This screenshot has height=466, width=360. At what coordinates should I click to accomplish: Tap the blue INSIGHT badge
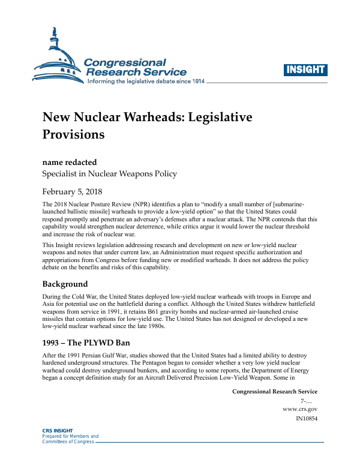click(305, 70)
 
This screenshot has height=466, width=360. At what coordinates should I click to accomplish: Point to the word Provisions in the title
click(73, 134)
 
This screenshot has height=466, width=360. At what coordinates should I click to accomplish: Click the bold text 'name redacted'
click(69, 162)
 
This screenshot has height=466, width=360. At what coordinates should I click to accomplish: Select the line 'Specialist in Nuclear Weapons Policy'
click(109, 174)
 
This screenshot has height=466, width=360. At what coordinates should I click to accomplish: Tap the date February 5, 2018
click(72, 192)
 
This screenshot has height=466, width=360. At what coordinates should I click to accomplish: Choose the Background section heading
click(65, 284)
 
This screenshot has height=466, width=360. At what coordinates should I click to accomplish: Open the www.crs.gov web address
click(299, 409)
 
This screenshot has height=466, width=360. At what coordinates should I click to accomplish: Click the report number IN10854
click(307, 419)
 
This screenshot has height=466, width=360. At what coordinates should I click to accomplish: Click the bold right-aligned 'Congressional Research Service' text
click(274, 392)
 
